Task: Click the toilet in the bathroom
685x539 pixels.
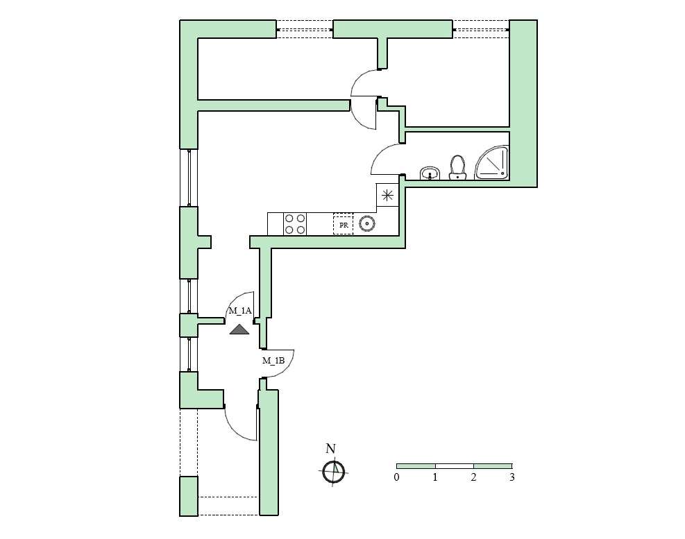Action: click(x=458, y=168)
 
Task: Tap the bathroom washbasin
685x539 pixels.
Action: click(x=430, y=173)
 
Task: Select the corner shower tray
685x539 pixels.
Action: click(x=492, y=162)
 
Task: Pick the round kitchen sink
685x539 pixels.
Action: click(x=367, y=223)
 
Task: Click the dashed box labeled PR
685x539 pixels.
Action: click(x=344, y=224)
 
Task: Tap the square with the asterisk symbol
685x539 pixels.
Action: click(x=387, y=195)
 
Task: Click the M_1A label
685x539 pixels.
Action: click(x=240, y=311)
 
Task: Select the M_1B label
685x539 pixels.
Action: click(x=273, y=360)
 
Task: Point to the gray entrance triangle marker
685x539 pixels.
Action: click(x=239, y=330)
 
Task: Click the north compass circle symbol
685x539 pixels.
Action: click(x=334, y=472)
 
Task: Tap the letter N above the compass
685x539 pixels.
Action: click(x=331, y=449)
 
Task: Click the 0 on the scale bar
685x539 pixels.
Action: click(x=397, y=477)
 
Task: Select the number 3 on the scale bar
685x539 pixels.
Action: click(x=512, y=477)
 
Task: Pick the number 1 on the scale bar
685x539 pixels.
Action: click(x=435, y=477)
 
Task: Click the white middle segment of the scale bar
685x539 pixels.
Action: click(x=455, y=466)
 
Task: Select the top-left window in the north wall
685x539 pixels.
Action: click(x=305, y=30)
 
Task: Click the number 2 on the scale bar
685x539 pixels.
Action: click(x=473, y=477)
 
